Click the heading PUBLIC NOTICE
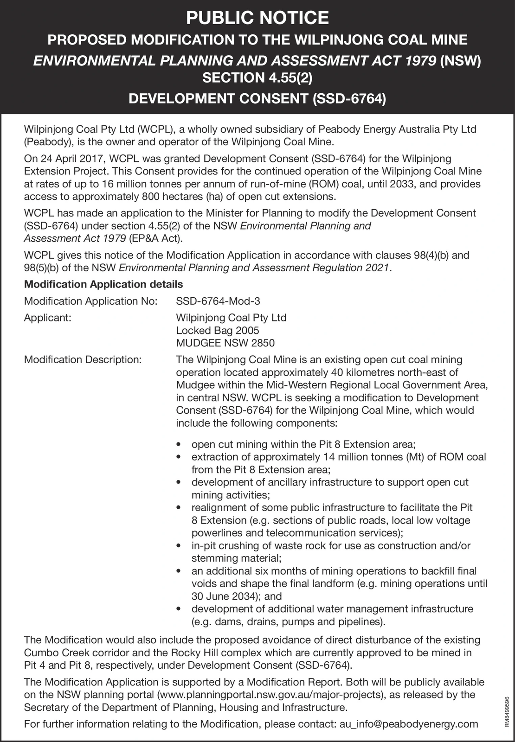[x=257, y=18]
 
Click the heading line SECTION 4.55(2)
[x=257, y=77]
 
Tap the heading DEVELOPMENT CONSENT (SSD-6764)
[x=257, y=99]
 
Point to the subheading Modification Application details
[x=103, y=284]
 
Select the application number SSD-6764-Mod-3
[x=218, y=301]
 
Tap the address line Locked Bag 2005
[x=218, y=330]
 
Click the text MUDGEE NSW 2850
[x=225, y=343]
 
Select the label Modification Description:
[x=83, y=359]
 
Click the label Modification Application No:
[x=91, y=301]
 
